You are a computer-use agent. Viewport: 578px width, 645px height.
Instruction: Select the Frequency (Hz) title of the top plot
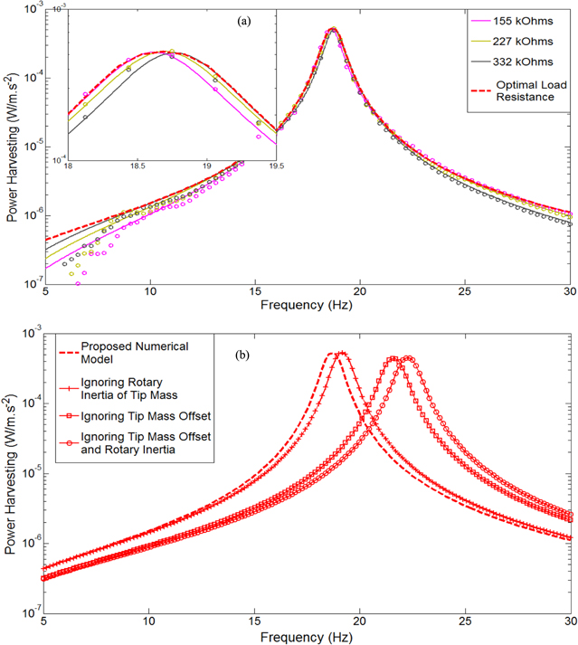click(307, 307)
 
